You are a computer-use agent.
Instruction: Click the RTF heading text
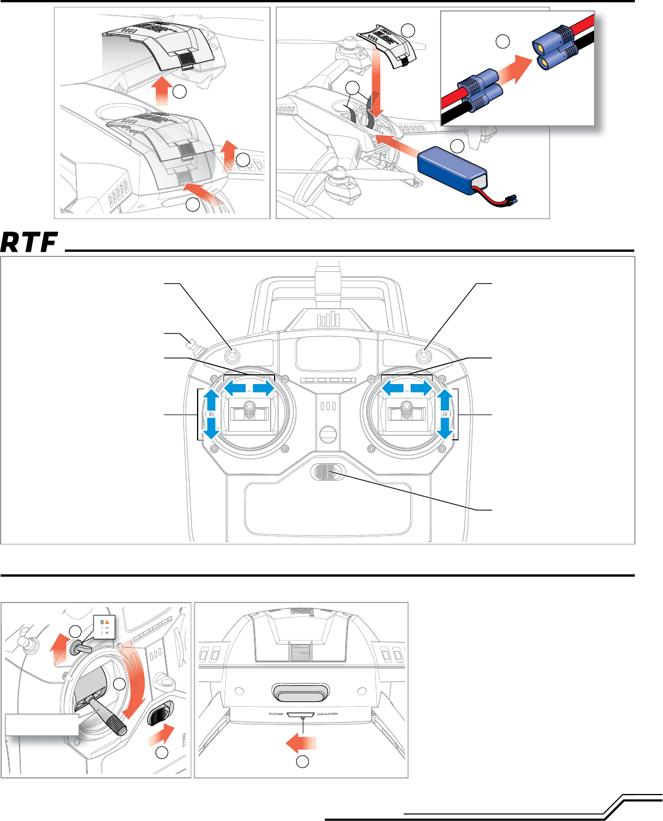30,243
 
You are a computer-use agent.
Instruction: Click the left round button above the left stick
232,356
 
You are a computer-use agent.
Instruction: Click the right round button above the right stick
425,356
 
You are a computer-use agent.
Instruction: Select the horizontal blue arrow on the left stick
249,389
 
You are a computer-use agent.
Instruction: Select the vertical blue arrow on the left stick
211,414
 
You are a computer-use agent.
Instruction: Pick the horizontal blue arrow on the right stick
407,389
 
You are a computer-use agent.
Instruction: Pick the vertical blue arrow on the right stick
445,414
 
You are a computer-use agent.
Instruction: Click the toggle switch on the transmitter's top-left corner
194,346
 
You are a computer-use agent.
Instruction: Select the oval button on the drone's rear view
302,693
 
